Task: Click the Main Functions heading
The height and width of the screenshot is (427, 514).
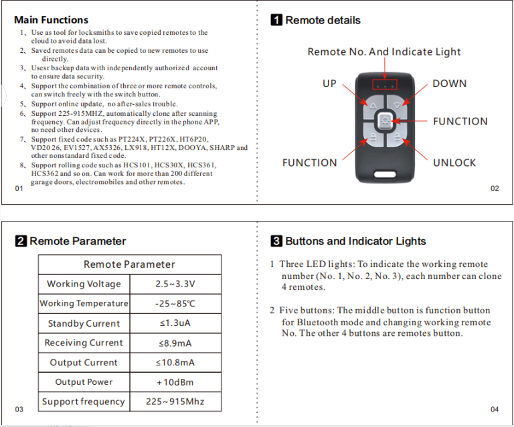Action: tap(51, 20)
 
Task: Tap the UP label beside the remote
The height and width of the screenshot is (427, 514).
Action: tap(329, 84)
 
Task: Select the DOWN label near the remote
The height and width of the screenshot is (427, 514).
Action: tap(449, 84)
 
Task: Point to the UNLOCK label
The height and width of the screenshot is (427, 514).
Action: tap(454, 163)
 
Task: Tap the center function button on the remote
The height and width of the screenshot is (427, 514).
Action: tap(384, 121)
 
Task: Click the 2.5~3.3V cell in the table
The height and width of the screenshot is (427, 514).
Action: tap(175, 284)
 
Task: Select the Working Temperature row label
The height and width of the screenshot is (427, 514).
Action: tap(84, 303)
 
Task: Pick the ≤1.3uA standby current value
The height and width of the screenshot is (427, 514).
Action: tap(175, 323)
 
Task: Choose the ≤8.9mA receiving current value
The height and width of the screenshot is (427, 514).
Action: tap(175, 343)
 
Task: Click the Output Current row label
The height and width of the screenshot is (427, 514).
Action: tap(84, 363)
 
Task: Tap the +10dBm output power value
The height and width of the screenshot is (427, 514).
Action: tap(175, 382)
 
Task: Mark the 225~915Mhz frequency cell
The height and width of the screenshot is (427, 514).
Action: tap(175, 402)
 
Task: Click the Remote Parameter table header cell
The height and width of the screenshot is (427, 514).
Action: tap(129, 264)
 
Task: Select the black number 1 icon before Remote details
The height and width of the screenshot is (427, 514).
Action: tap(276, 20)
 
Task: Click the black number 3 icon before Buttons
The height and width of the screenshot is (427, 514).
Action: tap(276, 241)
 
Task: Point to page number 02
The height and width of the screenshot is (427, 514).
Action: tap(495, 189)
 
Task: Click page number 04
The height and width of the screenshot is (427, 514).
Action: tap(495, 409)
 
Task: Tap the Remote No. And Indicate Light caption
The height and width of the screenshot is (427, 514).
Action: tap(384, 52)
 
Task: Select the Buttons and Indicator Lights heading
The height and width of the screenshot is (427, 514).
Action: tap(355, 241)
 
